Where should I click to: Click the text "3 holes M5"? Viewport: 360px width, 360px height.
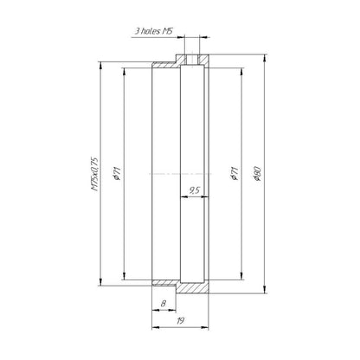[x=154, y=31]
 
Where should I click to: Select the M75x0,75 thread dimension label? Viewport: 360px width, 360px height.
[x=95, y=174]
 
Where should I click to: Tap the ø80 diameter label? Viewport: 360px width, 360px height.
[x=257, y=173]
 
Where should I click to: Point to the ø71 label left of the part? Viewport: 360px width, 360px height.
[x=118, y=173]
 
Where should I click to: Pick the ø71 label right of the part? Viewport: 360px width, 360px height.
[x=235, y=173]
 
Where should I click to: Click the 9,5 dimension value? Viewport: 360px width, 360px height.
[x=195, y=190]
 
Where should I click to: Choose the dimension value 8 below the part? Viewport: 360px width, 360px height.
[x=164, y=304]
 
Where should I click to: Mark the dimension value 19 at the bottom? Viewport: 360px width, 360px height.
[x=180, y=321]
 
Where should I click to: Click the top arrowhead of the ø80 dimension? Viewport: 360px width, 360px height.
[x=265, y=58]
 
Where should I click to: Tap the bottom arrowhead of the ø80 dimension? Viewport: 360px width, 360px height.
[x=265, y=290]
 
